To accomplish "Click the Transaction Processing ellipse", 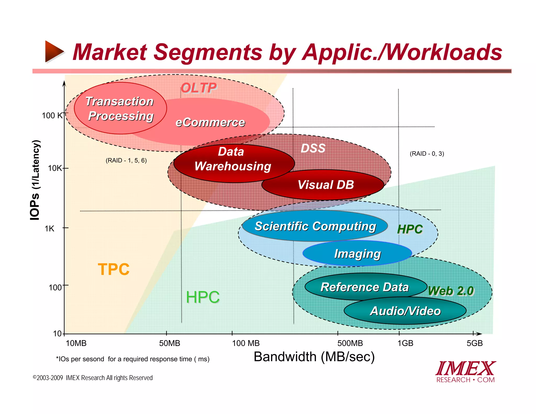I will [120, 108].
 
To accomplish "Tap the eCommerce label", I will [210, 122].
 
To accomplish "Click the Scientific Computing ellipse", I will [315, 226].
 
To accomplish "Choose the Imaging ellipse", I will [357, 254].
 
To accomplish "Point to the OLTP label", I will [199, 88].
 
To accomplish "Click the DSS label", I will [313, 148].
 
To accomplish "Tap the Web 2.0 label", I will [451, 291].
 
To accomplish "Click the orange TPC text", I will [114, 269].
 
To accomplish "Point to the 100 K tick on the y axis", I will [52, 115].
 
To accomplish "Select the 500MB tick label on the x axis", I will [350, 343].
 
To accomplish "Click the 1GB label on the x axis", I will [405, 343].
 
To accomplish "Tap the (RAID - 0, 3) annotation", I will [427, 154].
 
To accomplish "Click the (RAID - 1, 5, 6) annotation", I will [126, 160].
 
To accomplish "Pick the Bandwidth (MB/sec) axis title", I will [314, 357].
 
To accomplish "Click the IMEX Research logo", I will [466, 372].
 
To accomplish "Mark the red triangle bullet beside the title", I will [54, 52].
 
